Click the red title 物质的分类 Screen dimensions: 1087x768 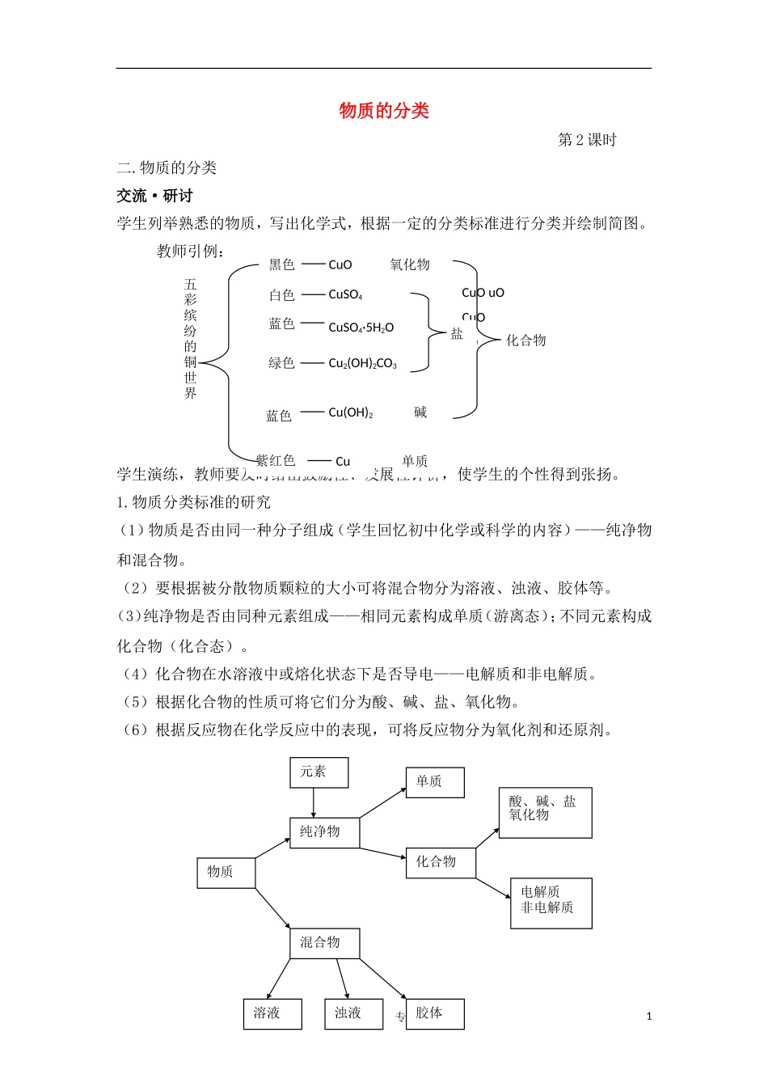pos(384,111)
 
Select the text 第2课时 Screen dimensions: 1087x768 pos(587,140)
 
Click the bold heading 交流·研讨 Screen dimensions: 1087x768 pos(154,196)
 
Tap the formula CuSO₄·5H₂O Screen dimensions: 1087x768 pos(361,328)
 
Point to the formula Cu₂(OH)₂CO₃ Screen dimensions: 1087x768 pos(362,364)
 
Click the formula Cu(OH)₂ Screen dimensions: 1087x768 pos(350,412)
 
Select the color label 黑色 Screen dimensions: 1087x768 pos(281,264)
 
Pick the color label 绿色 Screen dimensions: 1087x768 pos(281,364)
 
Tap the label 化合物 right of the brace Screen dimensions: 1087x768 pos(525,340)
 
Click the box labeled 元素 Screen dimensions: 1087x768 pos(319,772)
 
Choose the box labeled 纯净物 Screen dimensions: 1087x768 pos(324,832)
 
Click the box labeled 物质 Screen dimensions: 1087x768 pos(226,872)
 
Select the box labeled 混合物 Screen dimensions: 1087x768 pos(324,943)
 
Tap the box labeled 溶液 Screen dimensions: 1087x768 pos(272,1013)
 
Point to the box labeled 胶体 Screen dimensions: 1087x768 pos(435,1013)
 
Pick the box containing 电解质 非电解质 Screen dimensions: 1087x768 pos(551,903)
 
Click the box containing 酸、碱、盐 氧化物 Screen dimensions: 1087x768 pos(545,812)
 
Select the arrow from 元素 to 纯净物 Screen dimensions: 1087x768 pos(314,802)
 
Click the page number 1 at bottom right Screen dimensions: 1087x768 pos(648,1017)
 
